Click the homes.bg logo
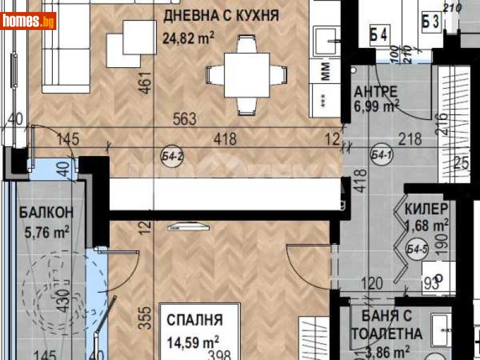29,21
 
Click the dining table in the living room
244,75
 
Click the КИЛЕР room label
426,209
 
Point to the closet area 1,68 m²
427,225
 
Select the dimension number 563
185,119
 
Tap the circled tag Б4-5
416,250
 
